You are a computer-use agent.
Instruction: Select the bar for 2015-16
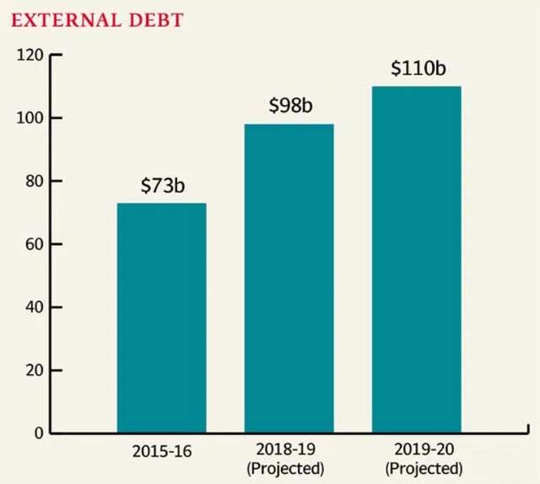(x=161, y=318)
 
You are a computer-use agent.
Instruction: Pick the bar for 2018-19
(x=289, y=279)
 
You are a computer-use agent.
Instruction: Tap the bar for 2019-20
(x=416, y=259)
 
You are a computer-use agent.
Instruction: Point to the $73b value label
(x=162, y=186)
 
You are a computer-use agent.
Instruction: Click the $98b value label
(x=289, y=106)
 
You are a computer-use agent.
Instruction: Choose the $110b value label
(x=418, y=68)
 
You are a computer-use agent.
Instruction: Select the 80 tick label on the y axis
(x=32, y=182)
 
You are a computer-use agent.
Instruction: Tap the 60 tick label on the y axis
(x=32, y=244)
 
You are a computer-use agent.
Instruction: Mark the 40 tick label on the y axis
(x=32, y=307)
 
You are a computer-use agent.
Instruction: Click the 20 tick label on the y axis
(x=32, y=371)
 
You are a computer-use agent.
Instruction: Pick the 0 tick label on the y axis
(x=37, y=433)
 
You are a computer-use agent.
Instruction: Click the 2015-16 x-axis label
(x=162, y=451)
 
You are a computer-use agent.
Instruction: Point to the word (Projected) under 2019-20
(x=424, y=467)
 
